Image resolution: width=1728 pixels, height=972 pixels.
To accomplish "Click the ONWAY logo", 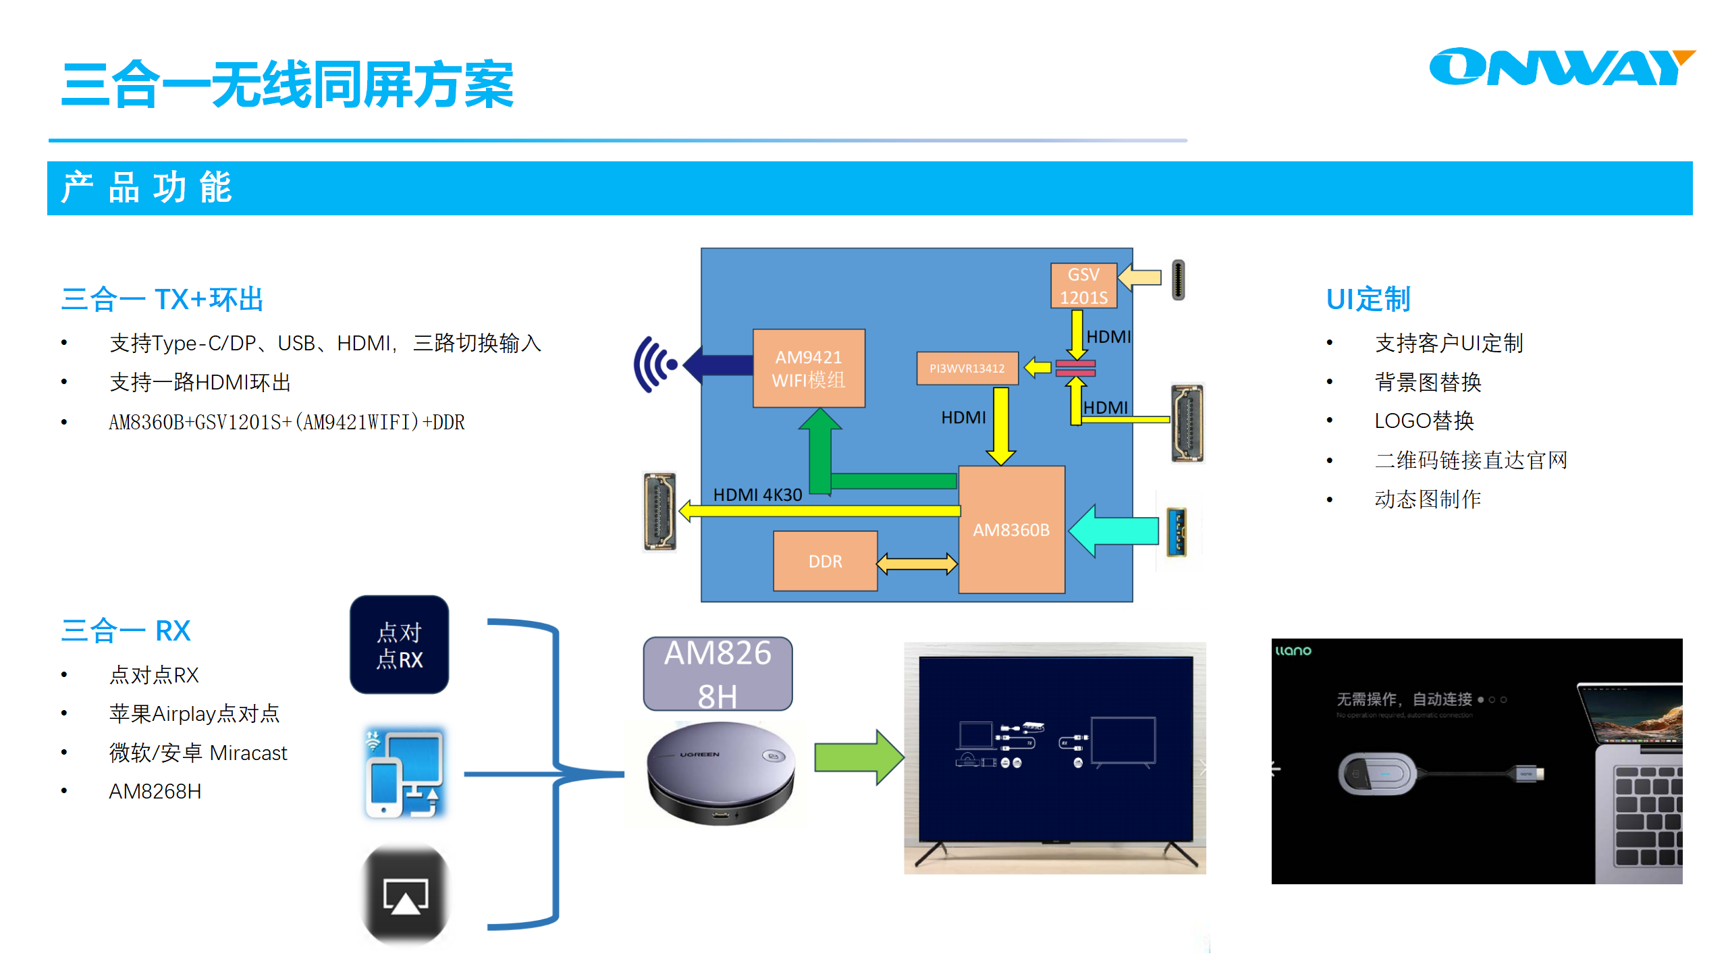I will [1559, 67].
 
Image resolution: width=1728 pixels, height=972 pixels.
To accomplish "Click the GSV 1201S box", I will [1083, 286].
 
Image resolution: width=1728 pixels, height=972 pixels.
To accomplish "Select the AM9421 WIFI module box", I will [809, 369].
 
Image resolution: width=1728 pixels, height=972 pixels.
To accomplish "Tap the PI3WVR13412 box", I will [967, 369].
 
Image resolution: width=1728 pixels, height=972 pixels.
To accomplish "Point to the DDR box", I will [825, 561].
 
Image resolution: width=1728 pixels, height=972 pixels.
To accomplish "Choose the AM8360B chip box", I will [1011, 530].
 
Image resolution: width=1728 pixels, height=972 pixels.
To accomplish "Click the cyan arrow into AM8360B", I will [1114, 531].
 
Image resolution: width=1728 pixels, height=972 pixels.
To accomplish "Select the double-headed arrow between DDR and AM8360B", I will [917, 563].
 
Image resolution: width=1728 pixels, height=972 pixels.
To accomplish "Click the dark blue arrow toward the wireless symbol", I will [719, 364].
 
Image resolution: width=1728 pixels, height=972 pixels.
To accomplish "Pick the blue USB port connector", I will [1177, 532].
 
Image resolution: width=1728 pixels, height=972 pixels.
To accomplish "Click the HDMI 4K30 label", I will [757, 495].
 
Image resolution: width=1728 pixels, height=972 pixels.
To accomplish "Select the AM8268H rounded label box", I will [718, 674].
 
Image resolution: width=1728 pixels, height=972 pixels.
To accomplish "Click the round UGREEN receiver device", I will [720, 773].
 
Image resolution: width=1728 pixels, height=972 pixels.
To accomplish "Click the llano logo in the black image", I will [1293, 651].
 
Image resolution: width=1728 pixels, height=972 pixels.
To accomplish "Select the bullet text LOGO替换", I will [1424, 421].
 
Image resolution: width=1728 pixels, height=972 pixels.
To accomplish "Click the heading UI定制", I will [1368, 299].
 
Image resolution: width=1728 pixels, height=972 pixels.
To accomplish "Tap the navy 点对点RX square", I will [399, 645].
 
